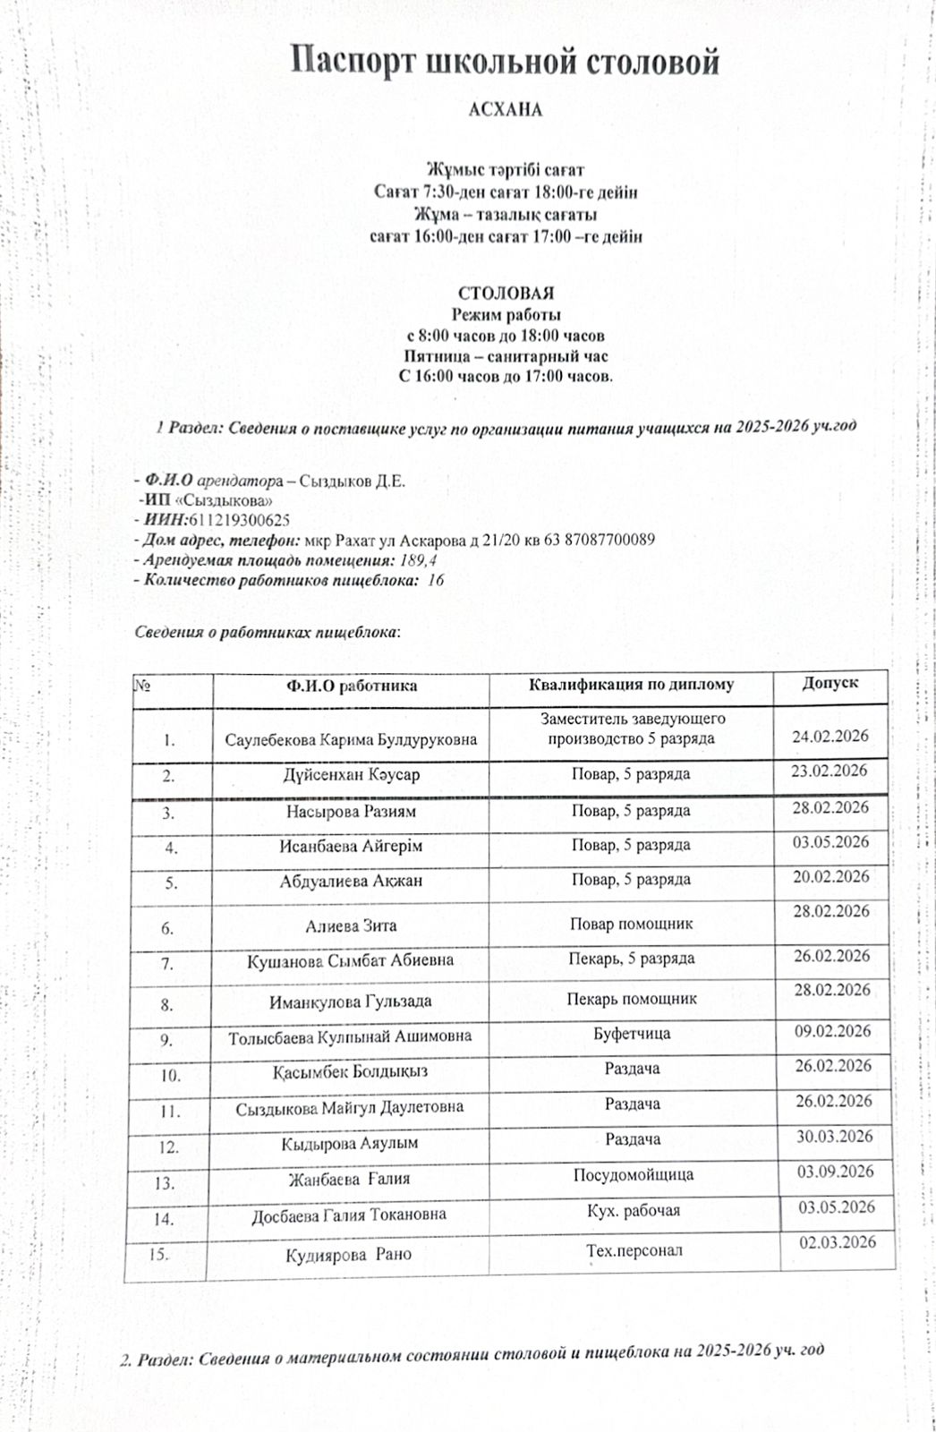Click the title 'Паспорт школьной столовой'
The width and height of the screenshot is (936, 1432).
506,63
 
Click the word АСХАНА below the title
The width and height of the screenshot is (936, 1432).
506,110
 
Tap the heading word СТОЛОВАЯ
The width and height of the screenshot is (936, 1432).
506,293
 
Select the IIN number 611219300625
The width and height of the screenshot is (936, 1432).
239,520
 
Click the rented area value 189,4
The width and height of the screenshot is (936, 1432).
417,560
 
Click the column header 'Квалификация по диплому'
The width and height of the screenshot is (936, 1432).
631,685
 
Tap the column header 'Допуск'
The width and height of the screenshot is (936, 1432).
830,682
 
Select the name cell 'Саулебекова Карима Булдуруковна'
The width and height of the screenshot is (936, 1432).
351,740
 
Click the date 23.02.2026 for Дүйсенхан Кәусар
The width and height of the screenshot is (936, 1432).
830,771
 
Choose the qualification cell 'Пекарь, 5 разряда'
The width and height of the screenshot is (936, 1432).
632,959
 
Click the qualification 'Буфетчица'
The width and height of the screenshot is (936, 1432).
632,1034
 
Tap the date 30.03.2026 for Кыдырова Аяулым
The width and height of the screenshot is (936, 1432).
834,1137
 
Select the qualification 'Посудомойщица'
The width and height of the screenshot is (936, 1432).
634,1174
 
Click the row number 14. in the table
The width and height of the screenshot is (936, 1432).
164,1219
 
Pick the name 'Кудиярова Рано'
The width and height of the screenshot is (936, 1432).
349,1255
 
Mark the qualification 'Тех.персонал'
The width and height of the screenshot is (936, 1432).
634,1250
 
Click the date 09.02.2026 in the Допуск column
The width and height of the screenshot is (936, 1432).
833,1031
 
